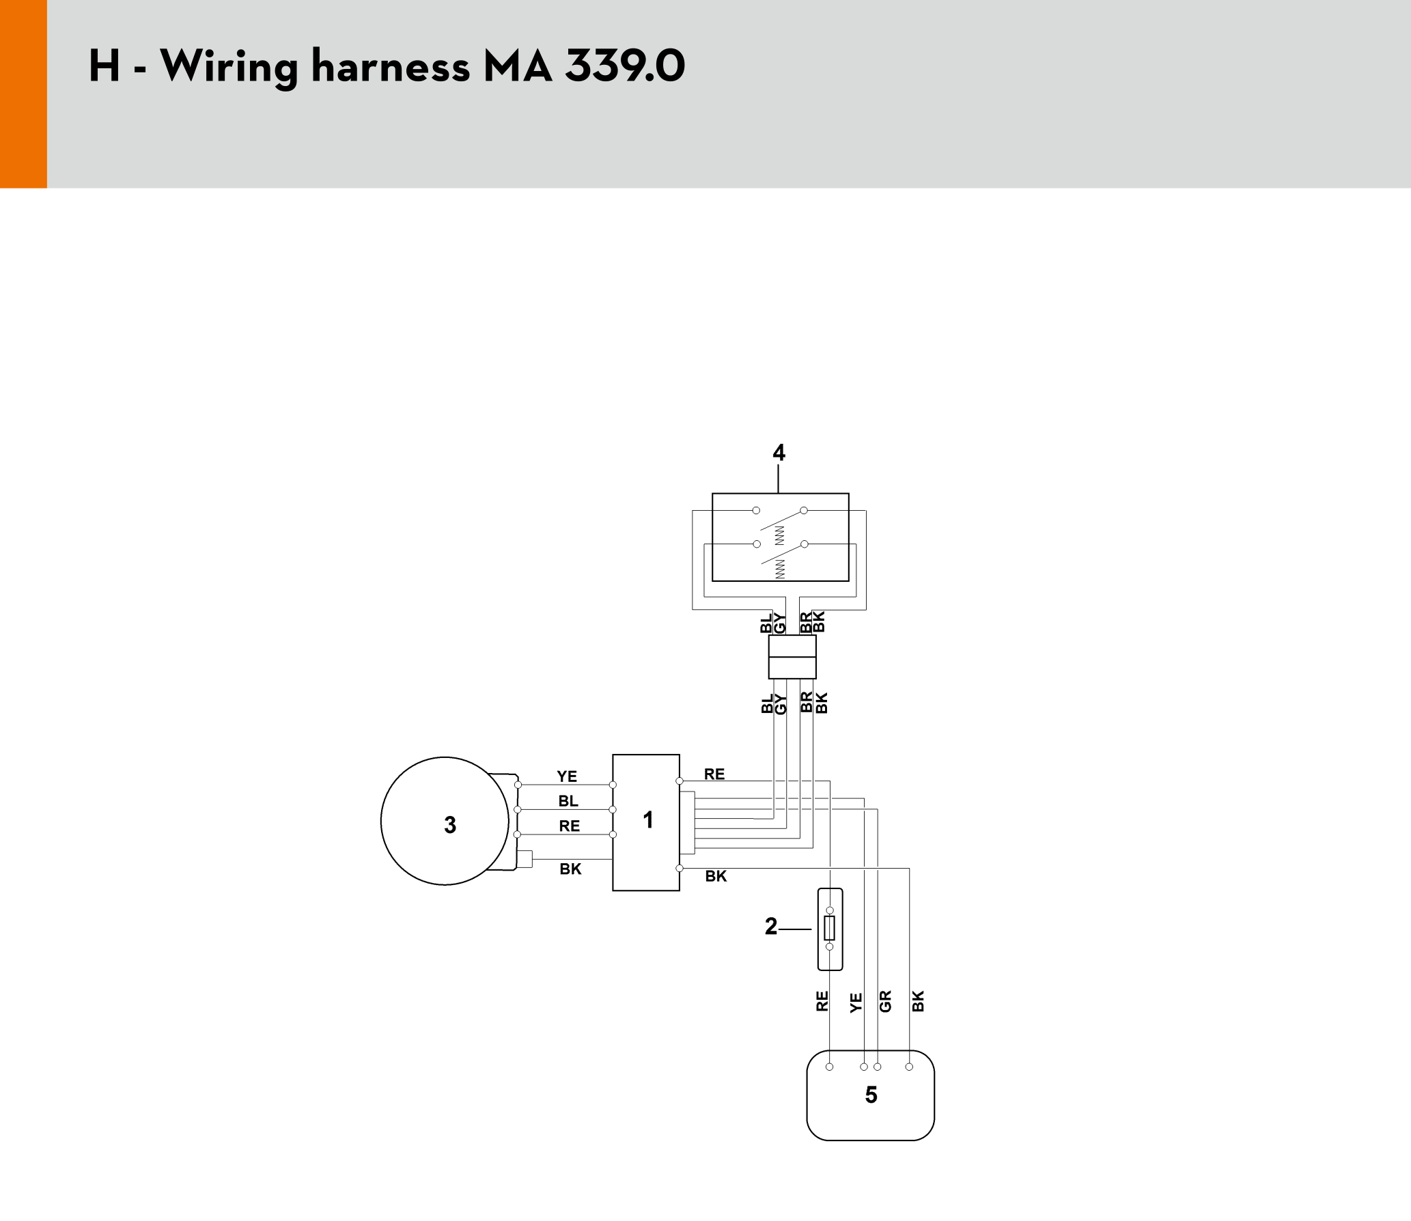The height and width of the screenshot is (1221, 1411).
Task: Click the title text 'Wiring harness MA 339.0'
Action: point(422,67)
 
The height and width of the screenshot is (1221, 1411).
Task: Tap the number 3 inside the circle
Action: point(450,825)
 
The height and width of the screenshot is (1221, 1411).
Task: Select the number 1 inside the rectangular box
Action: point(648,819)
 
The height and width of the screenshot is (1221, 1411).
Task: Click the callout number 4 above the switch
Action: point(779,452)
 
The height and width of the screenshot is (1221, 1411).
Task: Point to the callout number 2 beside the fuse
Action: point(771,927)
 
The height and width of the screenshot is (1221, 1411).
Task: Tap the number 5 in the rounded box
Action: point(871,1095)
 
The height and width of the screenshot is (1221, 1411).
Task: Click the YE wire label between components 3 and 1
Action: point(567,776)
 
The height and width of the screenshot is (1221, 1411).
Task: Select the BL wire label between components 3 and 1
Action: point(568,801)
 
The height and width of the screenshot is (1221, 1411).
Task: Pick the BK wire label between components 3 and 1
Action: point(570,869)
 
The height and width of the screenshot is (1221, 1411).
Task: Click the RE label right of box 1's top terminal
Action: point(714,774)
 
